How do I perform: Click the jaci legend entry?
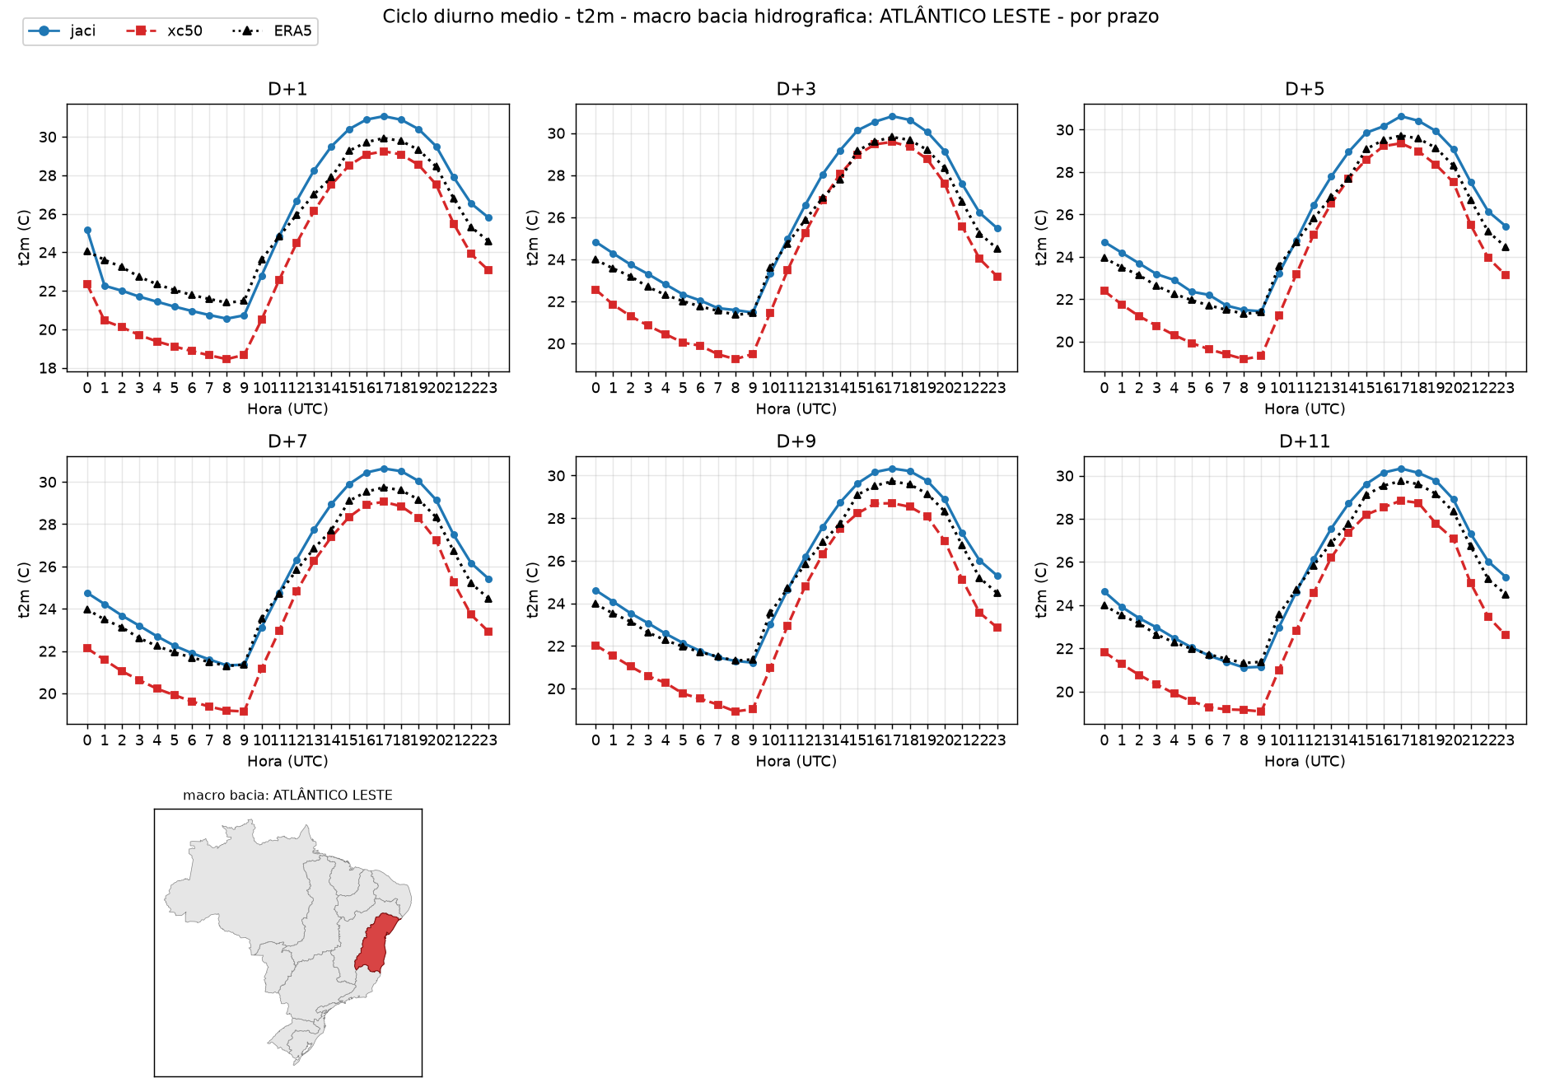pyautogui.click(x=63, y=31)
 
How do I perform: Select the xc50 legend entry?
pyautogui.click(x=164, y=31)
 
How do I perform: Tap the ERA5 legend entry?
pyautogui.click(x=273, y=31)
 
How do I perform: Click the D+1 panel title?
pyautogui.click(x=287, y=89)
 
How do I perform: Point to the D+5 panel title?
pyautogui.click(x=1305, y=89)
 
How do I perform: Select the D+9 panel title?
pyautogui.click(x=796, y=441)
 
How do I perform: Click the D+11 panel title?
pyautogui.click(x=1305, y=441)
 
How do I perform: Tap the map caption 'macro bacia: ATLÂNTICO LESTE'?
pyautogui.click(x=287, y=796)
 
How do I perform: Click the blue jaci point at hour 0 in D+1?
pyautogui.click(x=87, y=231)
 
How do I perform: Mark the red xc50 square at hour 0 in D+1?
pyautogui.click(x=87, y=284)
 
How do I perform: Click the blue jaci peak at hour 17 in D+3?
pyautogui.click(x=892, y=117)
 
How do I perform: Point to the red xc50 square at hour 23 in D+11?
pyautogui.click(x=1506, y=635)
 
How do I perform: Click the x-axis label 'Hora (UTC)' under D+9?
pyautogui.click(x=796, y=762)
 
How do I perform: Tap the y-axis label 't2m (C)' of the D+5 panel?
pyautogui.click(x=1041, y=237)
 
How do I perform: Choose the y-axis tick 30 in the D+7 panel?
pyautogui.click(x=48, y=483)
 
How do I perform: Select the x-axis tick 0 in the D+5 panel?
pyautogui.click(x=1104, y=388)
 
